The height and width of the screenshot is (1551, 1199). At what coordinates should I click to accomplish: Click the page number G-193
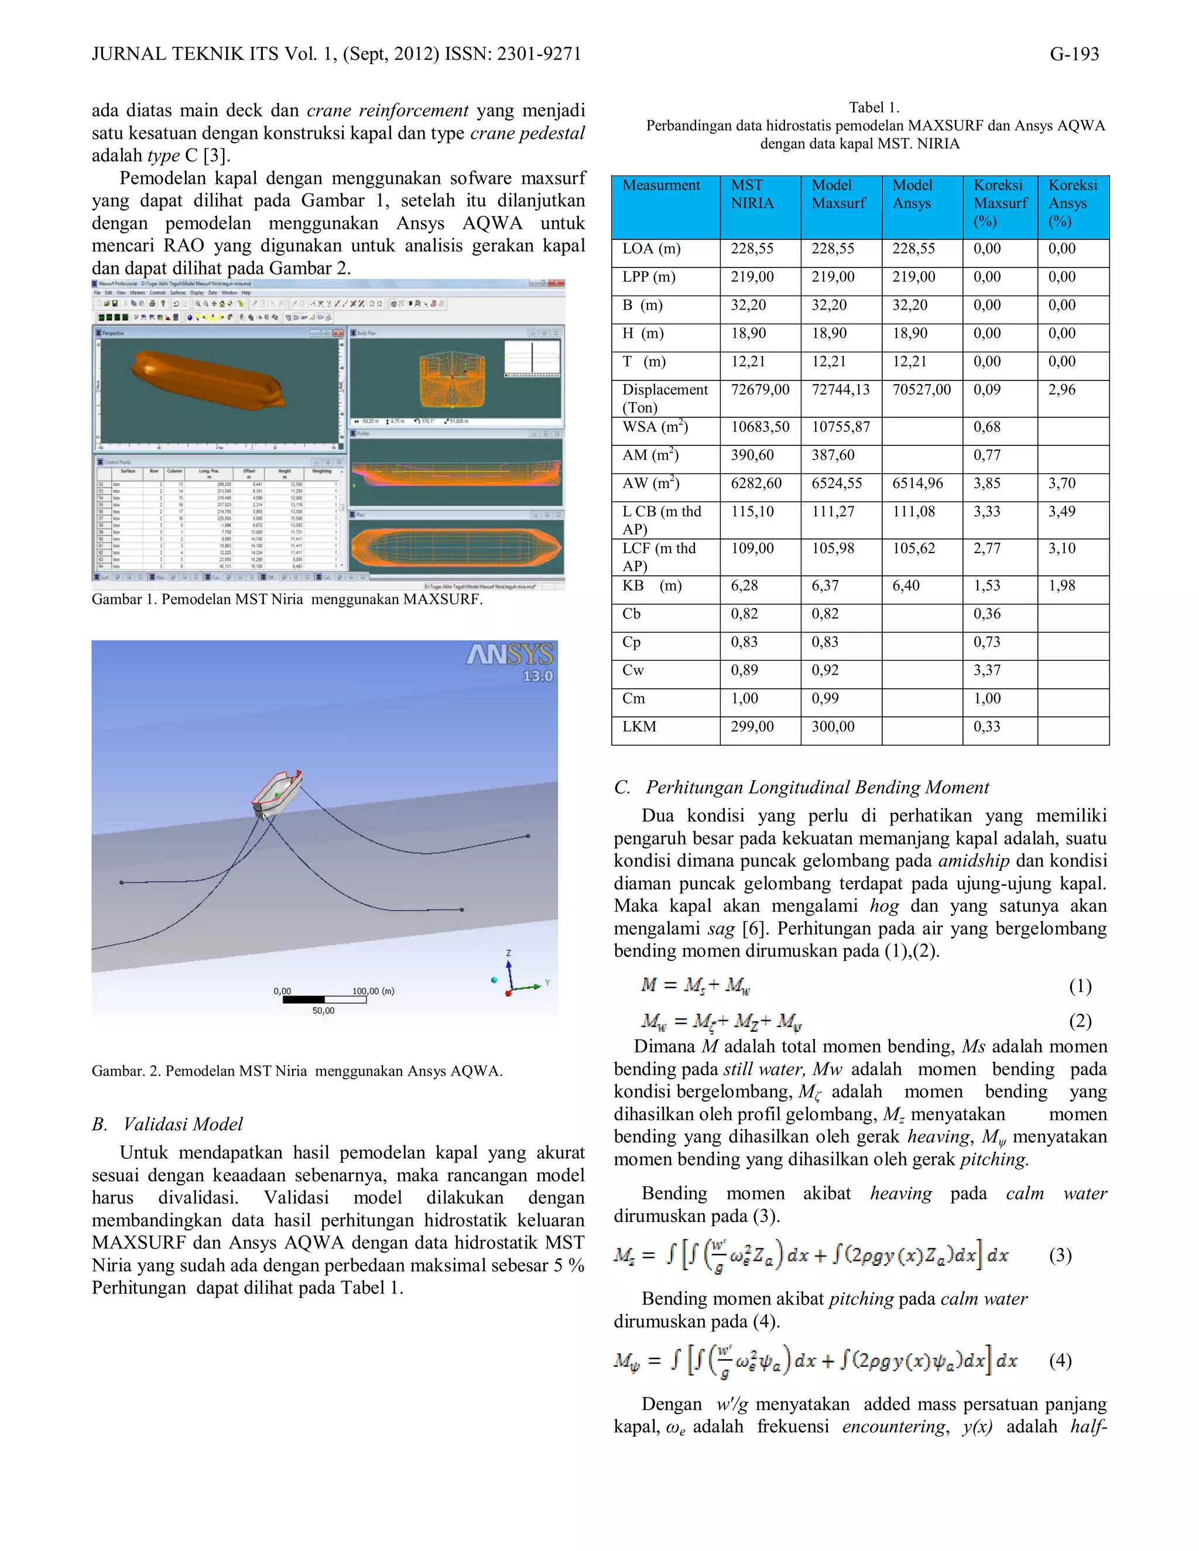coord(1074,54)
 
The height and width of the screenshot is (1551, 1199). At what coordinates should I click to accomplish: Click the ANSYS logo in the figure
coord(509,654)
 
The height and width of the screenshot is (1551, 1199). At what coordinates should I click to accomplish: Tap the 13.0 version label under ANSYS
coord(537,676)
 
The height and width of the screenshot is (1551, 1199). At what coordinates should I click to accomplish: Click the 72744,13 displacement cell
coord(840,390)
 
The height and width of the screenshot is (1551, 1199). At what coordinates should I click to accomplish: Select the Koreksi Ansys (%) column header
coord(1073,203)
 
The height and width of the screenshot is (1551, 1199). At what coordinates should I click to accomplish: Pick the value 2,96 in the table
coord(1062,390)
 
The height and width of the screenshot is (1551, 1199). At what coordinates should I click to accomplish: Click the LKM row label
coord(639,726)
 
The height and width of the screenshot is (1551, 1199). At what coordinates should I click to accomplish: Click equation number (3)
coord(1060,1255)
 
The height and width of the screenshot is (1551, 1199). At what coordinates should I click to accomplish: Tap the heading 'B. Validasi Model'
coord(167,1124)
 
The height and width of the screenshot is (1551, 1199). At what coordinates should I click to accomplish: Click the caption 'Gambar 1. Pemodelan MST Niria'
coord(286,599)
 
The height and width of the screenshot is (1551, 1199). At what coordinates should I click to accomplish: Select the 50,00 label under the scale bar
coord(323,1011)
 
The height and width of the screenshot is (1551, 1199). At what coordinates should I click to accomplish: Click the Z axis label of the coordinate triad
coord(509,953)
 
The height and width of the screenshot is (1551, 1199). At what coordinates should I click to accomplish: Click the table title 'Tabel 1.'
coord(873,108)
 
